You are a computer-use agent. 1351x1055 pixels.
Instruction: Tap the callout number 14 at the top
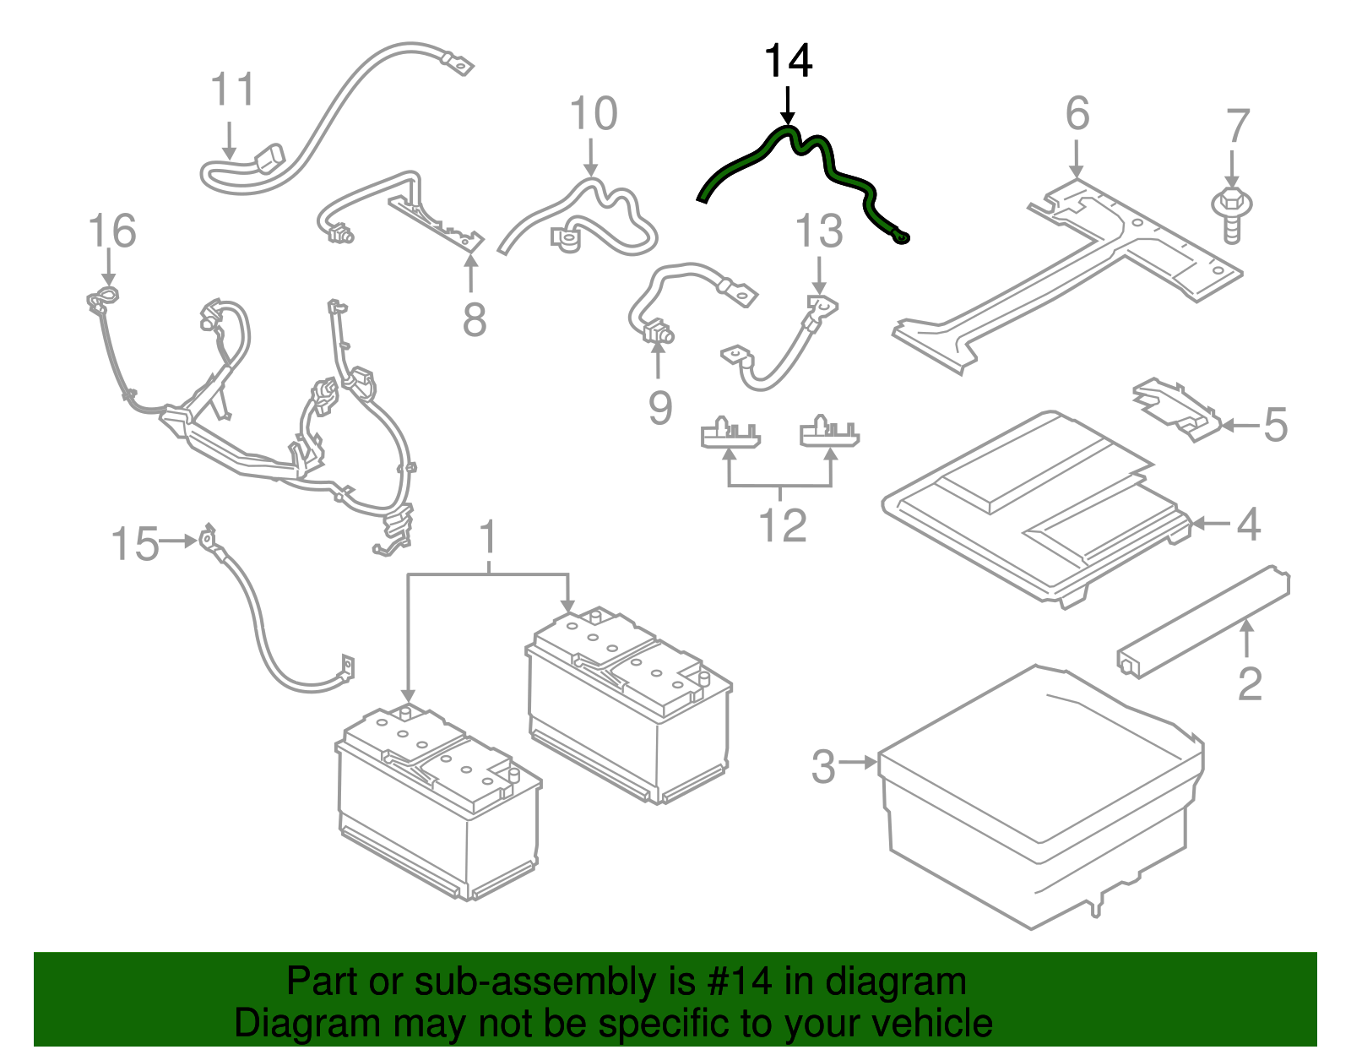(x=788, y=61)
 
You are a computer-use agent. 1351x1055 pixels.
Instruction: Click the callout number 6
(x=1077, y=113)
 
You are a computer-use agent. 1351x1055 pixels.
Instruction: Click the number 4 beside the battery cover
(x=1249, y=525)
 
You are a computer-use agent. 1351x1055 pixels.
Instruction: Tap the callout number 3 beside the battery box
(x=823, y=766)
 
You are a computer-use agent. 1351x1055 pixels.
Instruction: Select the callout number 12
(x=783, y=526)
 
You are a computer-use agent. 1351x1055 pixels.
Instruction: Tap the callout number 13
(x=819, y=231)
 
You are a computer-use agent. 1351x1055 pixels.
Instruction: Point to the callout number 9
(x=660, y=407)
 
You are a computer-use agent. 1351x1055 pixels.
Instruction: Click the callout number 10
(x=594, y=113)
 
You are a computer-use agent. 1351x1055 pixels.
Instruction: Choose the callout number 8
(x=475, y=320)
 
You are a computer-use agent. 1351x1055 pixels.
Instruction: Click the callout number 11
(x=232, y=89)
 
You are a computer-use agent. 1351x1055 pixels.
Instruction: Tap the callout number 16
(x=111, y=231)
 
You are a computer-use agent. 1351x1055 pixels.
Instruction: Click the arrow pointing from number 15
(x=179, y=541)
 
